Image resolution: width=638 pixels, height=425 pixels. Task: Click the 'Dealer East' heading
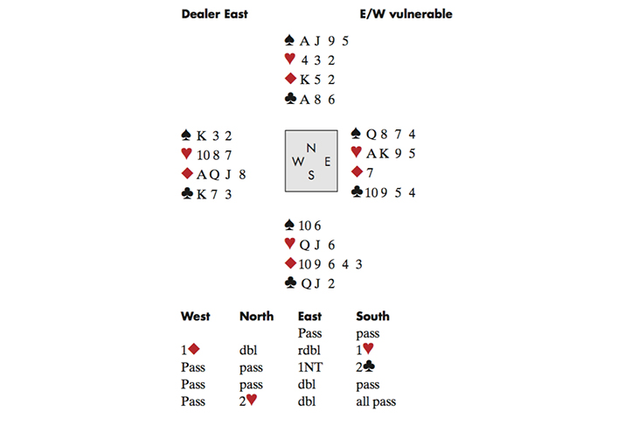tap(214, 14)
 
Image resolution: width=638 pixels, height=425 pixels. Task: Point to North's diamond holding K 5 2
tap(311, 80)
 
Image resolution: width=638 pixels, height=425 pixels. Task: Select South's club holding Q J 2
tap(311, 282)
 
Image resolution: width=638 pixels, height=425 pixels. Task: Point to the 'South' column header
tap(372, 316)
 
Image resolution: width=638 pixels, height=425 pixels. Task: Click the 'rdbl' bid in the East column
tap(310, 350)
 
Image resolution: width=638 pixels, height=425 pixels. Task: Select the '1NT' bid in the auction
tap(311, 367)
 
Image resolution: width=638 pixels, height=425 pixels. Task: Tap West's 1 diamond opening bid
tap(190, 350)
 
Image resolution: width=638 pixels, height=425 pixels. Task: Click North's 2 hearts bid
tap(248, 401)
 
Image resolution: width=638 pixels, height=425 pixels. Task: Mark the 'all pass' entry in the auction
tap(377, 401)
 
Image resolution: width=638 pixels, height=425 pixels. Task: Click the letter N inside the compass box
tap(310, 149)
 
